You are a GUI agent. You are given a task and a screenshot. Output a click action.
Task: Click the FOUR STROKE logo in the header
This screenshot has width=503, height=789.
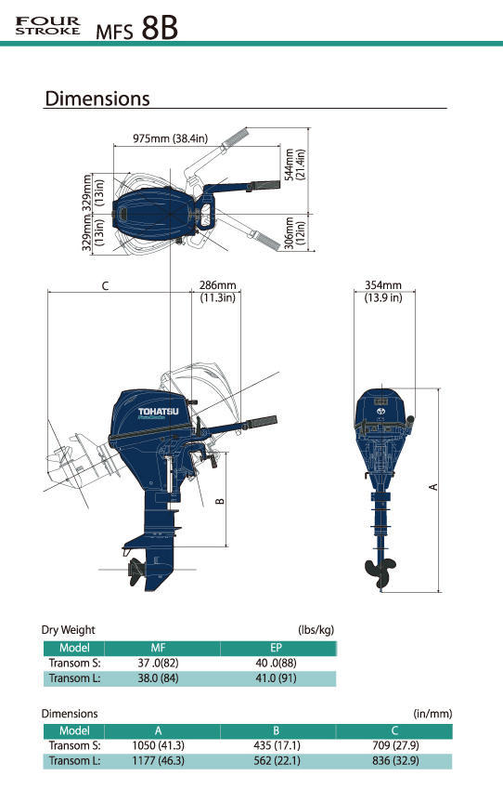coord(47,26)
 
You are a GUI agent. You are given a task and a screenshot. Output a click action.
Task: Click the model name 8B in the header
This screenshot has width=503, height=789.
coord(160,28)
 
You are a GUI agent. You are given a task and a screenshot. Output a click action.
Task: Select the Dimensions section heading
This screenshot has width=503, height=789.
coord(97,99)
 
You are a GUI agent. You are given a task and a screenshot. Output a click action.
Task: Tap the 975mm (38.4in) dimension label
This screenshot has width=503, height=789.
coord(170,138)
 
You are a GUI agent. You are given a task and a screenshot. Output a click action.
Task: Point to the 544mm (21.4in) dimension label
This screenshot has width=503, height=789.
coord(295,164)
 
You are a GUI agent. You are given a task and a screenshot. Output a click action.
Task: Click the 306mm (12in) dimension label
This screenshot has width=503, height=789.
coord(295,231)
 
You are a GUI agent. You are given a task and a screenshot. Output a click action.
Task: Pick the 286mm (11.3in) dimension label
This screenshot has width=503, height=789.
coord(217,292)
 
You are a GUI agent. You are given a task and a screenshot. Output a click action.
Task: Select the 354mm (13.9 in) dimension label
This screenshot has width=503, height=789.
coord(383,292)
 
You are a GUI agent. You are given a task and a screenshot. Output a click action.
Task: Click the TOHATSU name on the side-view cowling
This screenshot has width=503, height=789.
coord(159,411)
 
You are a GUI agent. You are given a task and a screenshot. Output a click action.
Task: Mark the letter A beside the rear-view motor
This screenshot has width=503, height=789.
coord(432,487)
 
